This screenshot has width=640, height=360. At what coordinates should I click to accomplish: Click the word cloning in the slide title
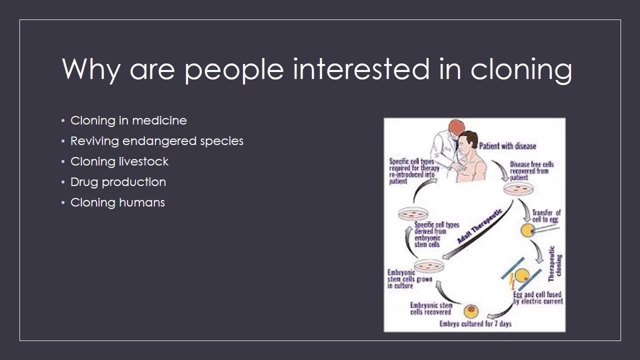(x=521, y=69)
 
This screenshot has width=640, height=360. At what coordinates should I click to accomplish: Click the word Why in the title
(x=90, y=69)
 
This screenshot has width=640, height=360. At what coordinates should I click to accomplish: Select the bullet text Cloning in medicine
(x=128, y=120)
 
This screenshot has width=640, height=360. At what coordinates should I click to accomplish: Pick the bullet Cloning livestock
(x=119, y=161)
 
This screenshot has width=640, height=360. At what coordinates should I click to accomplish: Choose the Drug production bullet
(x=118, y=182)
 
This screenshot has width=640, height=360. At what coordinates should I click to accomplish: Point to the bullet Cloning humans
(x=117, y=202)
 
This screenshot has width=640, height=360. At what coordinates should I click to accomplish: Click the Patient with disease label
(x=507, y=146)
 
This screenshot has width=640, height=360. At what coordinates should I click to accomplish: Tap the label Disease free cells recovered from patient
(x=531, y=170)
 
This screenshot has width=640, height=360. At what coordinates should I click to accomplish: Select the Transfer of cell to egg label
(x=546, y=216)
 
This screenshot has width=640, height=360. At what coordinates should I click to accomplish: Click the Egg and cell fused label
(x=537, y=298)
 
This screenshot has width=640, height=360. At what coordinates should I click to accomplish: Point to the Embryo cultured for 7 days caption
(x=475, y=324)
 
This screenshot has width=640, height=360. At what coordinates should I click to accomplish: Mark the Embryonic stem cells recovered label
(x=431, y=308)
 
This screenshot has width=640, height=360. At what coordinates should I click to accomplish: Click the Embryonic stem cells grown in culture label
(x=409, y=279)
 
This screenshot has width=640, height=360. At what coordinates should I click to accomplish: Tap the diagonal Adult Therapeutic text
(x=480, y=226)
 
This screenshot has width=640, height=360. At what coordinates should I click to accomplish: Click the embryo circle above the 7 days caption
(x=471, y=311)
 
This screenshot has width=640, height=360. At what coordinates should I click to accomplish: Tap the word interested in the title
(x=360, y=69)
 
